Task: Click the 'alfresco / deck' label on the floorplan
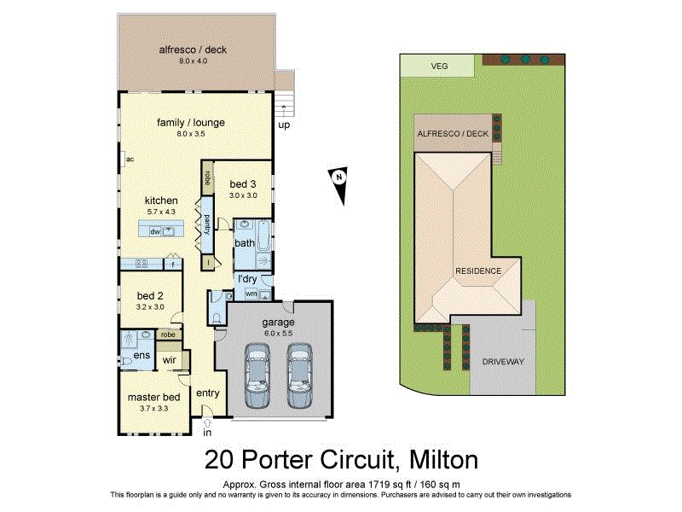pyautogui.click(x=193, y=49)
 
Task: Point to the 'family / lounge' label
pyautogui.click(x=191, y=122)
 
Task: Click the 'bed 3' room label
pyautogui.click(x=243, y=183)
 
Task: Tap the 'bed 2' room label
pyautogui.click(x=150, y=296)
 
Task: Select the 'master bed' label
pyautogui.click(x=153, y=397)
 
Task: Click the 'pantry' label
pyautogui.click(x=206, y=224)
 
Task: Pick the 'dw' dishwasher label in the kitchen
pyautogui.click(x=155, y=231)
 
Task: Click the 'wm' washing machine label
pyautogui.click(x=251, y=294)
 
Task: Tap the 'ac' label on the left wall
pyautogui.click(x=130, y=159)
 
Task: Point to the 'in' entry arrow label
pyautogui.click(x=206, y=431)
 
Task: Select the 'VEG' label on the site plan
pyautogui.click(x=440, y=66)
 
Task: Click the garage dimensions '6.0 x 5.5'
pyautogui.click(x=278, y=334)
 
